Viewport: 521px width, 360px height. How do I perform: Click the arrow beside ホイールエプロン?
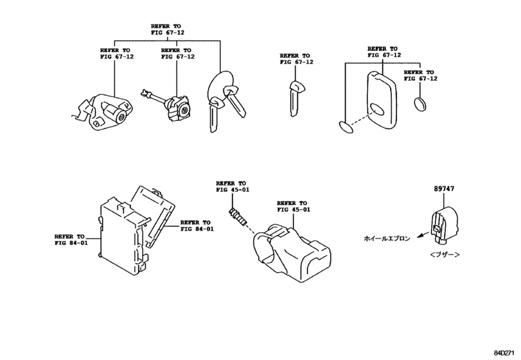pos(420,237)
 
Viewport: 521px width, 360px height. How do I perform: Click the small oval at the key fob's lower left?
pos(346,127)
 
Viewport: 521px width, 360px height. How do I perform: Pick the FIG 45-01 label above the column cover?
pos(294,206)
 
